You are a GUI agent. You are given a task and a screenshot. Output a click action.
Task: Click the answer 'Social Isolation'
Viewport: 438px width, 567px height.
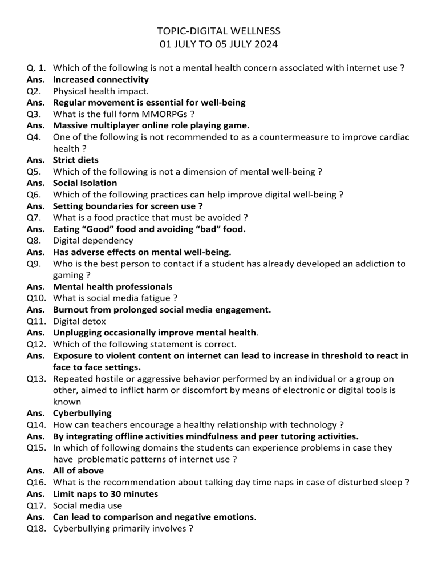pyautogui.click(x=85, y=183)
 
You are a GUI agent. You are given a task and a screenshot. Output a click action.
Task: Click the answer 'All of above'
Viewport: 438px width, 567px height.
pyautogui.click(x=78, y=471)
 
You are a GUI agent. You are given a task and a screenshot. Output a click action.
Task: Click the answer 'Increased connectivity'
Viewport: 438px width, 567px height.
pyautogui.click(x=101, y=80)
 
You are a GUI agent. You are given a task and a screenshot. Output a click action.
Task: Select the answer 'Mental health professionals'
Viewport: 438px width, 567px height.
pyautogui.click(x=112, y=287)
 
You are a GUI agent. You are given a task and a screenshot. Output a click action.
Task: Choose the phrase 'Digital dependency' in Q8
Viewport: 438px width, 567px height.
pyautogui.click(x=93, y=241)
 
